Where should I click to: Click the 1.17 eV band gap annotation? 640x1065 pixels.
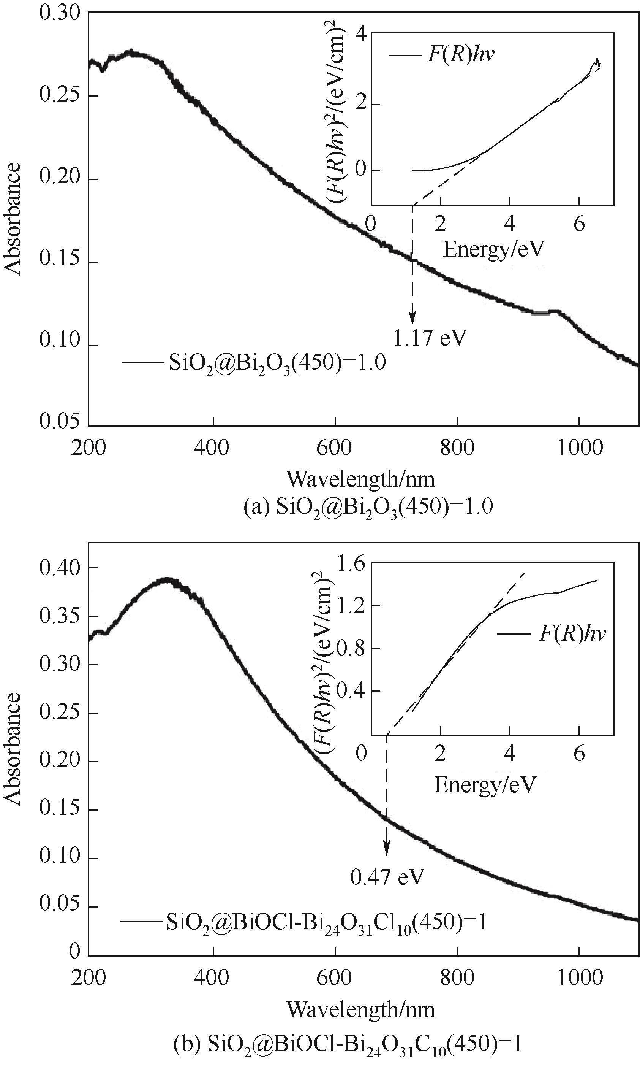pyautogui.click(x=430, y=338)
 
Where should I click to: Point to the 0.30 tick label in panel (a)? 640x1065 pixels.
pyautogui.click(x=60, y=13)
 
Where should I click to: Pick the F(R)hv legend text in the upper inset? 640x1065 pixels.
pyautogui.click(x=461, y=55)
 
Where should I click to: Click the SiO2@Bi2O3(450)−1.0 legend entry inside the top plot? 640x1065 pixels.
pyautogui.click(x=277, y=363)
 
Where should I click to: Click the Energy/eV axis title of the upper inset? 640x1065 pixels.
pyautogui.click(x=493, y=249)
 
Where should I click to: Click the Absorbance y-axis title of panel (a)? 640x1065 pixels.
pyautogui.click(x=13, y=219)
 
